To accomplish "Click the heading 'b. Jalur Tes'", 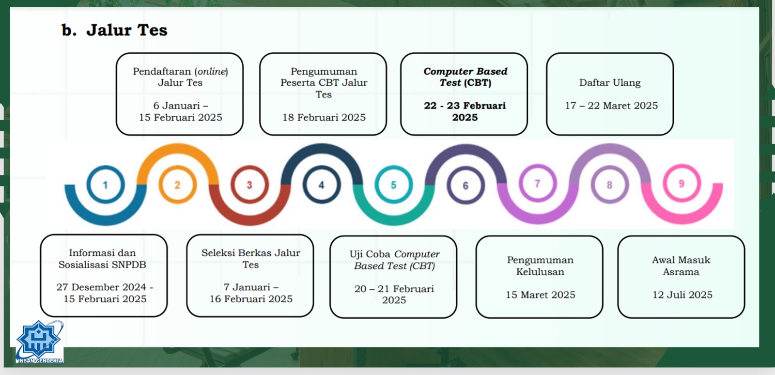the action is [114, 30].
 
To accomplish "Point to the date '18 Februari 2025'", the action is [324, 118].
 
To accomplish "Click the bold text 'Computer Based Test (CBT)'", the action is [465, 77].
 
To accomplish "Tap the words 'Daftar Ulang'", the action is [610, 83].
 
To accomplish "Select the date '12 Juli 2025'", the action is [682, 295].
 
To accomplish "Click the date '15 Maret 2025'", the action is [541, 295].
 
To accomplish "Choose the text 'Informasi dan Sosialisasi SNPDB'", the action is [102, 259].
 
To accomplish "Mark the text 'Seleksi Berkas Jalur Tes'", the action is [250, 259].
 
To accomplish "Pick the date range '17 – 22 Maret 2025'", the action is [611, 106].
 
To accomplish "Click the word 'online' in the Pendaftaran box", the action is [211, 71].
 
